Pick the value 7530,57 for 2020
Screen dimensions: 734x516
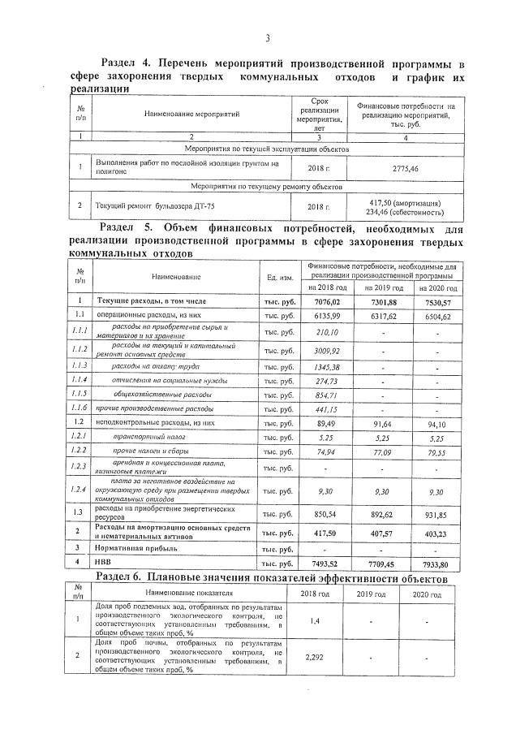click(x=436, y=302)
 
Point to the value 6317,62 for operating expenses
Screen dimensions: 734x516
click(x=381, y=315)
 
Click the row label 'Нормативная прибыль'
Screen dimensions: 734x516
click(x=135, y=547)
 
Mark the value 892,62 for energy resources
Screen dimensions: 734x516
click(x=381, y=513)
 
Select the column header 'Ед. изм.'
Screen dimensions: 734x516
click(x=280, y=277)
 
